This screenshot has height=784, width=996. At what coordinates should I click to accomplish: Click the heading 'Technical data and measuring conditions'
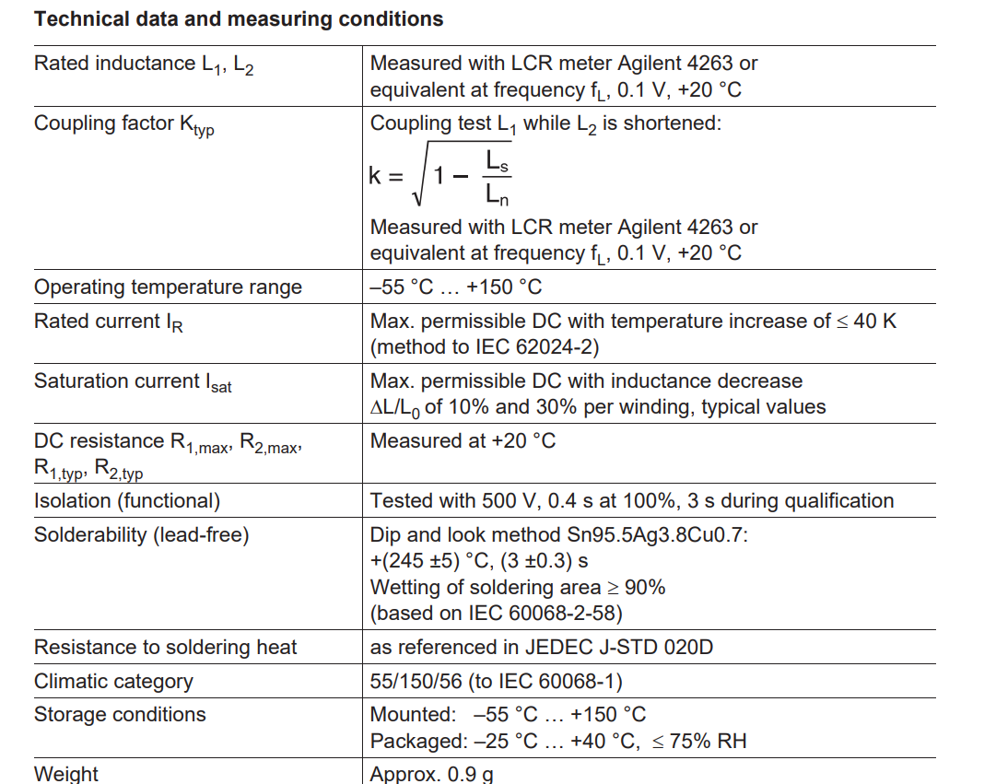pos(239,19)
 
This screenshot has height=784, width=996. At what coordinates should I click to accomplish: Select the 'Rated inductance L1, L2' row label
pos(144,65)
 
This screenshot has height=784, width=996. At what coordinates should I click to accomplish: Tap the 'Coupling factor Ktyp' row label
pos(124,125)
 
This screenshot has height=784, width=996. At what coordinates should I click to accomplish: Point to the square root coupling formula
pos(441,176)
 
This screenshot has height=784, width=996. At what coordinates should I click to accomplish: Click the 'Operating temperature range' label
pos(168,287)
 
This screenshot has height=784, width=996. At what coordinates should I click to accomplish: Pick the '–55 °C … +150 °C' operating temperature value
pos(456,287)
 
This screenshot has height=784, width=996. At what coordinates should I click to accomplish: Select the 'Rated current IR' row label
pos(109,322)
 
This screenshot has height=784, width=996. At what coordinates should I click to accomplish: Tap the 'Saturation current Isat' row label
pos(133,382)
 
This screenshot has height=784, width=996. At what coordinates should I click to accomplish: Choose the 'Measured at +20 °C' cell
pos(463,441)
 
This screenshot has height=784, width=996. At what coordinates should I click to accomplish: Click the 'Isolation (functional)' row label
pos(127,501)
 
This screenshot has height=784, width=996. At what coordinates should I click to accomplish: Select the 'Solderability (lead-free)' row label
pos(141,535)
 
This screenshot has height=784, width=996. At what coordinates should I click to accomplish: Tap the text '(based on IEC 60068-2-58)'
pos(497,613)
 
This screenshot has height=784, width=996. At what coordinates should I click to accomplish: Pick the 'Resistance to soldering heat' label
pos(166,648)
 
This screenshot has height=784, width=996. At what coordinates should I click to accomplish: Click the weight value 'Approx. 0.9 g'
pos(431,774)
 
